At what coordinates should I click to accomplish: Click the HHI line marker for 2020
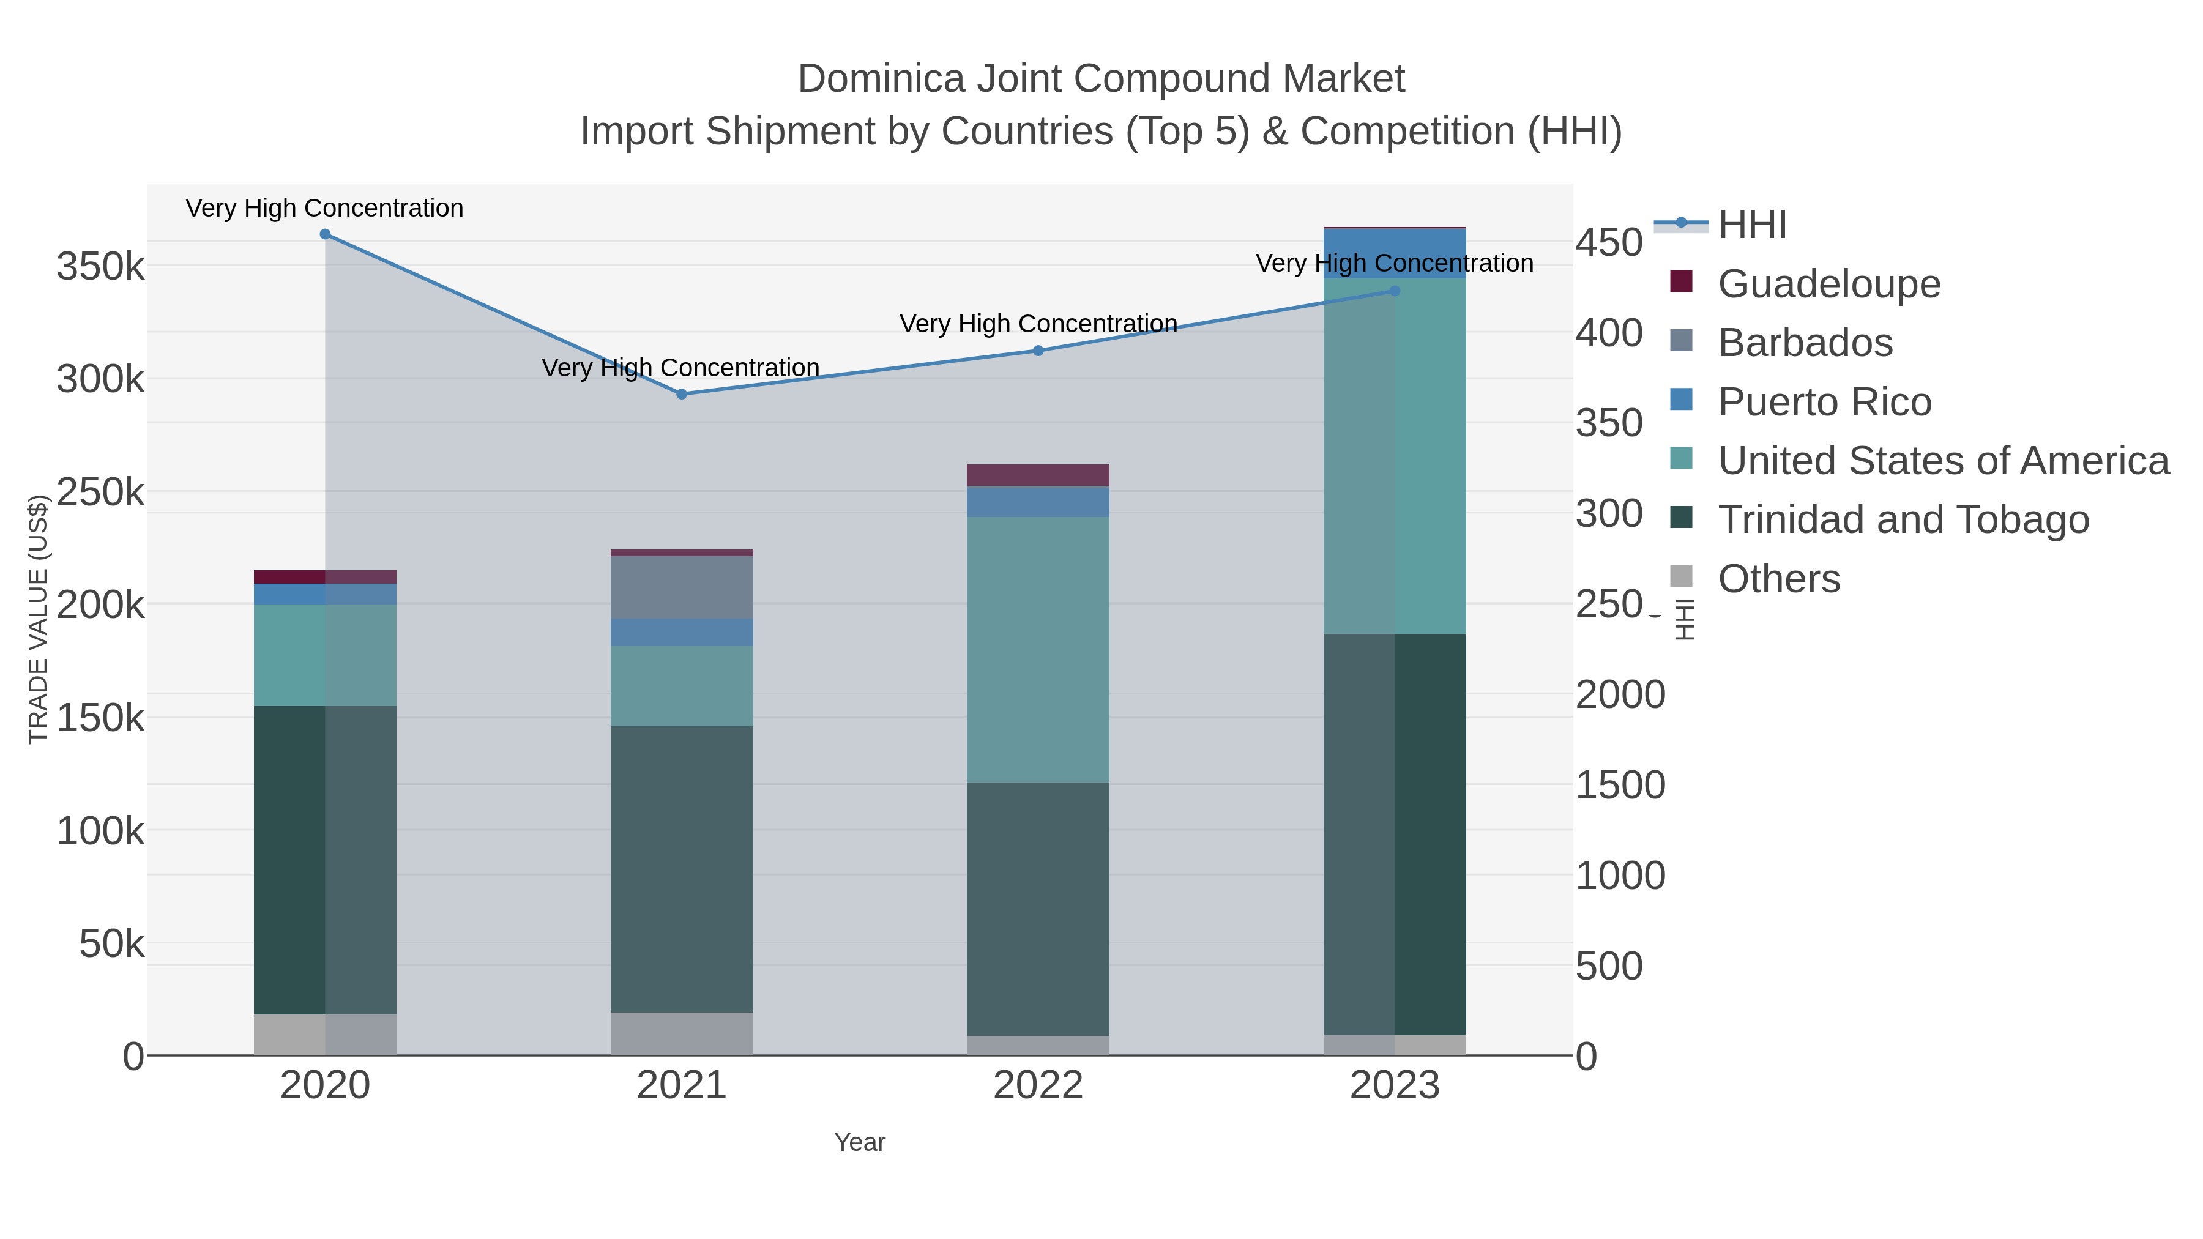[x=325, y=234]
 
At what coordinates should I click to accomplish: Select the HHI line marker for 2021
[x=682, y=394]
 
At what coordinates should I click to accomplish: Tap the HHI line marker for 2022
[x=1038, y=351]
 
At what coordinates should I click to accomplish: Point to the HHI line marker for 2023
[x=1395, y=291]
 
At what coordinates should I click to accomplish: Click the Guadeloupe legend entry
[x=1828, y=283]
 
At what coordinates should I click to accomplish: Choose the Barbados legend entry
[x=1805, y=342]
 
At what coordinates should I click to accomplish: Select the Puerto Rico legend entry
[x=1824, y=402]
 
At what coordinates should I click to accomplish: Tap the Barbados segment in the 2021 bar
[x=682, y=587]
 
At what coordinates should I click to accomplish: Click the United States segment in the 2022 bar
[x=1038, y=650]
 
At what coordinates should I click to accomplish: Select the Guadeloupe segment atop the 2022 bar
[x=1038, y=475]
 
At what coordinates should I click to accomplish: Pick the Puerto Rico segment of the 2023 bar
[x=1395, y=253]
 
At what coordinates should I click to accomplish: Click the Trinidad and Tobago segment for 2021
[x=682, y=869]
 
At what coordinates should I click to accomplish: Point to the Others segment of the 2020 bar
[x=325, y=1035]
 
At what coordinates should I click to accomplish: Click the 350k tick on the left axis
[x=100, y=267]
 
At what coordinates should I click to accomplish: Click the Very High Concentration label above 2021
[x=680, y=368]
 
